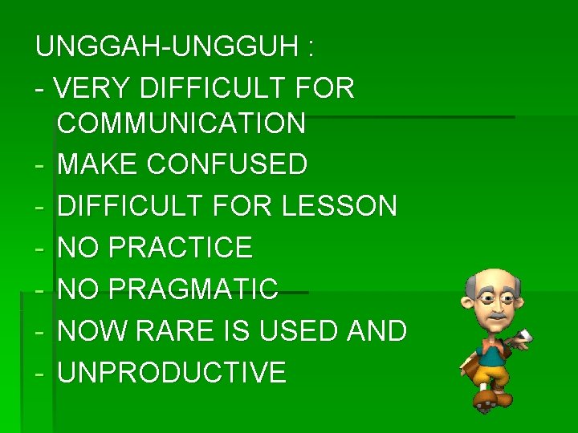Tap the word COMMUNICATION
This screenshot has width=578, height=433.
(x=181, y=123)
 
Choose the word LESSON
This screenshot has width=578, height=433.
(x=340, y=207)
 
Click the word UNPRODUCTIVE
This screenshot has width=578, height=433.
(x=172, y=373)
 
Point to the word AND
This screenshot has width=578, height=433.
(x=374, y=330)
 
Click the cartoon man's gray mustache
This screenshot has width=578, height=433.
(x=495, y=317)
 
